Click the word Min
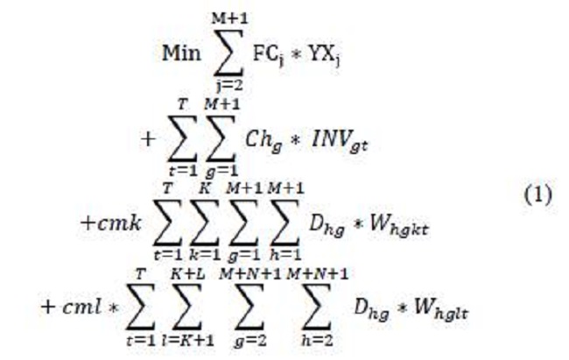click(181, 51)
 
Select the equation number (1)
click(537, 194)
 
